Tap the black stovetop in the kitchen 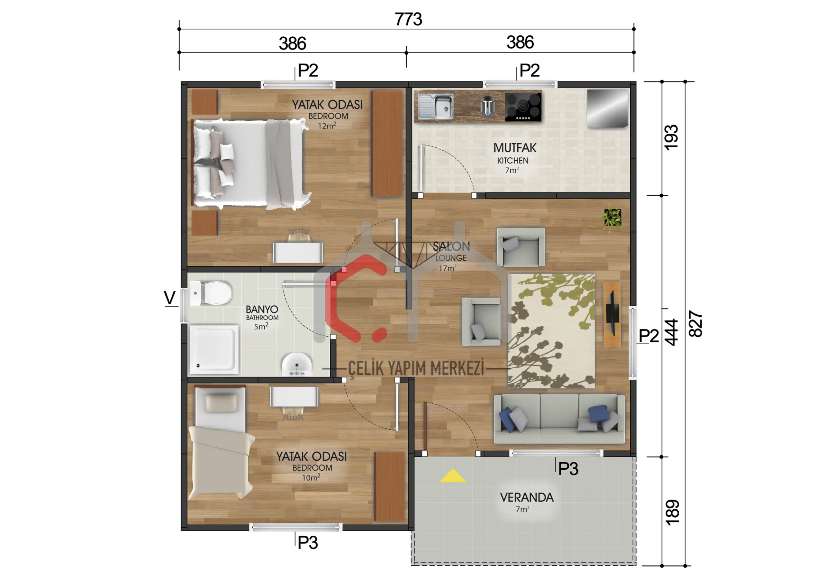[x=523, y=107]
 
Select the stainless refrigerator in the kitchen [x=607, y=108]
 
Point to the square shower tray [x=214, y=349]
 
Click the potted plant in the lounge [x=612, y=217]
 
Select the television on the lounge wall [x=612, y=314]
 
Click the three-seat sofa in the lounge [x=559, y=419]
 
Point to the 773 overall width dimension [x=409, y=19]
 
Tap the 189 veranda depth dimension [x=672, y=512]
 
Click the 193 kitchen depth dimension [x=671, y=138]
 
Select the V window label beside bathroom [x=170, y=298]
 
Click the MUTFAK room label [x=515, y=148]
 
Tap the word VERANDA [x=527, y=498]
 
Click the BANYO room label [x=262, y=309]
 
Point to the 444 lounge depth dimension [x=671, y=332]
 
